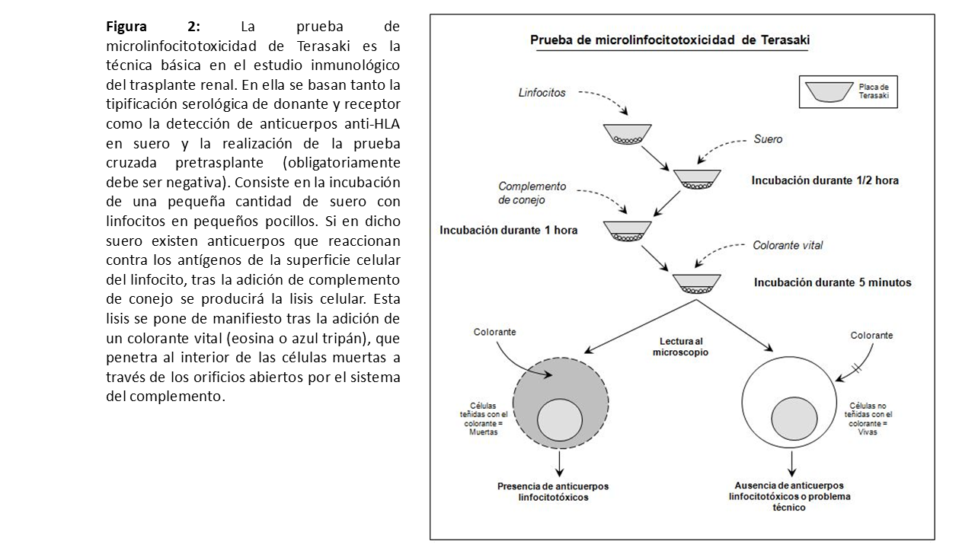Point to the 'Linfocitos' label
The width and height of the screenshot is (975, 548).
click(x=542, y=92)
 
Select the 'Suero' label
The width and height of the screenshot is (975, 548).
click(x=768, y=139)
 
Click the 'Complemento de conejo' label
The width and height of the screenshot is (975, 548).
click(x=532, y=193)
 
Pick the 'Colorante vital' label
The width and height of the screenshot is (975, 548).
click(x=788, y=245)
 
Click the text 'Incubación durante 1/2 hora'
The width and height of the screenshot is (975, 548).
click(x=825, y=181)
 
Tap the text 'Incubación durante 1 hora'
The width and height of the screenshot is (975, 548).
click(x=509, y=230)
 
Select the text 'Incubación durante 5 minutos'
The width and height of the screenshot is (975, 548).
click(x=833, y=282)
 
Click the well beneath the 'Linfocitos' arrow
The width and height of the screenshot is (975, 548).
click(x=627, y=134)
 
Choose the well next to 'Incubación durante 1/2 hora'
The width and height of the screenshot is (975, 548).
click(x=697, y=180)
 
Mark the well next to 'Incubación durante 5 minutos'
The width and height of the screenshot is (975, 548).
click(x=697, y=282)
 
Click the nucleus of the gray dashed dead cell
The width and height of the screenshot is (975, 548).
click(x=560, y=421)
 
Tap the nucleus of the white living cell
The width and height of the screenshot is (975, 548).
click(x=794, y=421)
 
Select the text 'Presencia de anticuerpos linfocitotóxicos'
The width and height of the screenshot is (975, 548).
click(x=553, y=492)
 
